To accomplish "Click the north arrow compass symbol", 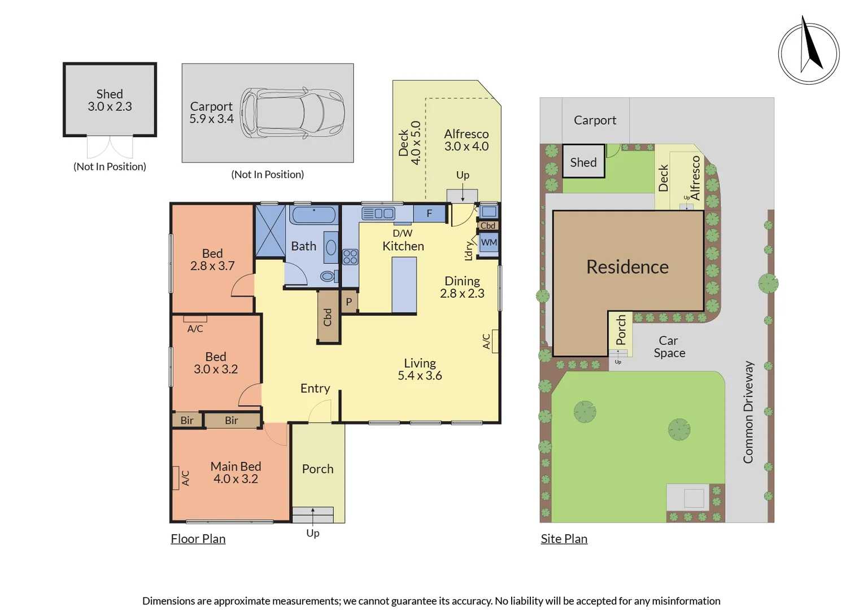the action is [x=809, y=53].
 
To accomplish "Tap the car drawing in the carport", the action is [x=293, y=113].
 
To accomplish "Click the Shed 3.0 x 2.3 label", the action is [x=110, y=100].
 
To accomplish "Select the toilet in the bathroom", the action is [x=329, y=276].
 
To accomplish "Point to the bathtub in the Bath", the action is [x=314, y=215].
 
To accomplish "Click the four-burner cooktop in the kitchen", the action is [x=350, y=256].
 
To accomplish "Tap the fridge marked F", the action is [x=429, y=213].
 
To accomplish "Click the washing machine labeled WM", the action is [x=489, y=242].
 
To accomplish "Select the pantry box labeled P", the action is [x=349, y=302].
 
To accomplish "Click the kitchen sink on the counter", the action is [x=378, y=213].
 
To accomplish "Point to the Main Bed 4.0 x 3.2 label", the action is [x=236, y=472].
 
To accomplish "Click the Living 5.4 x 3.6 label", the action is [x=420, y=369].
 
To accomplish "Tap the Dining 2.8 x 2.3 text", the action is [x=463, y=287].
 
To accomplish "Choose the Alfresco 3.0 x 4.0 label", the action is [x=467, y=140].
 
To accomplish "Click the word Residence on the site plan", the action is [x=627, y=267].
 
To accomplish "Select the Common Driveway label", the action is [x=748, y=412].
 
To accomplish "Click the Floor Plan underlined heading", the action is [x=198, y=539].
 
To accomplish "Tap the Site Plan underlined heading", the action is [x=564, y=539].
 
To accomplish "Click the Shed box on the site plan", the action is [x=583, y=161].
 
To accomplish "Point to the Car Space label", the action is [x=669, y=347].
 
